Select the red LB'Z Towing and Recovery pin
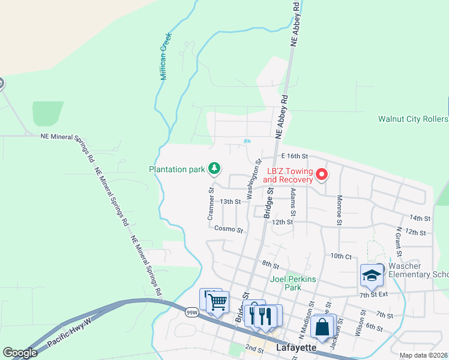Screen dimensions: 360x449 (x=322, y=175)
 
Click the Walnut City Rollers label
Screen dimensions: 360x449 (x=413, y=119)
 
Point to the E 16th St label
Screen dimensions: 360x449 (x=294, y=156)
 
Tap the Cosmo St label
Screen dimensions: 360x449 (x=228, y=229)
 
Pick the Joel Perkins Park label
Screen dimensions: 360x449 (x=294, y=283)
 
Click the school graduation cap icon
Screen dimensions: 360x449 (x=372, y=276)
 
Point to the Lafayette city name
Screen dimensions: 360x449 (x=297, y=347)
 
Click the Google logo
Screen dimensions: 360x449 (x=20, y=353)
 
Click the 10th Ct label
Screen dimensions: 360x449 (x=340, y=256)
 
